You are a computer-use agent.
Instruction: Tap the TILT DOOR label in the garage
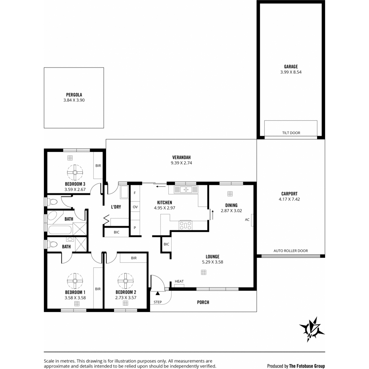click(291, 133)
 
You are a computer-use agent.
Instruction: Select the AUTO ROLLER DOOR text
click(291, 251)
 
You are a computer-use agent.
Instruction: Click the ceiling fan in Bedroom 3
click(75, 172)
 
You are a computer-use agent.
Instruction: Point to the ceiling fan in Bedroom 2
click(125, 281)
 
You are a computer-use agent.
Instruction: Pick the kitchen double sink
click(186, 190)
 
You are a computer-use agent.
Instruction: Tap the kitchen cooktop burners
click(185, 225)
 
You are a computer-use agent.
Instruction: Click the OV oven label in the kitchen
click(135, 207)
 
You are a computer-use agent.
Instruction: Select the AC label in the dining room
click(247, 220)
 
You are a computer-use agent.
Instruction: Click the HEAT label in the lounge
click(179, 281)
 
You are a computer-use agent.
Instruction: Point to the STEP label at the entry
click(158, 302)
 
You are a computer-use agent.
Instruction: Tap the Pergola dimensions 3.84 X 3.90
click(74, 100)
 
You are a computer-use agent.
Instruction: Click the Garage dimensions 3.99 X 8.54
click(291, 72)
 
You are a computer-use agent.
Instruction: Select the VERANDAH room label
click(181, 158)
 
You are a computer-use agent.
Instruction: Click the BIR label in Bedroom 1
click(98, 289)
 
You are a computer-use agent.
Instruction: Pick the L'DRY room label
click(116, 207)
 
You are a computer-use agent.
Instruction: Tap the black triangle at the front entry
click(157, 293)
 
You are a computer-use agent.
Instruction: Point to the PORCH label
click(203, 302)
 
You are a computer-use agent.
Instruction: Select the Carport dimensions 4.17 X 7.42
click(289, 199)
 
